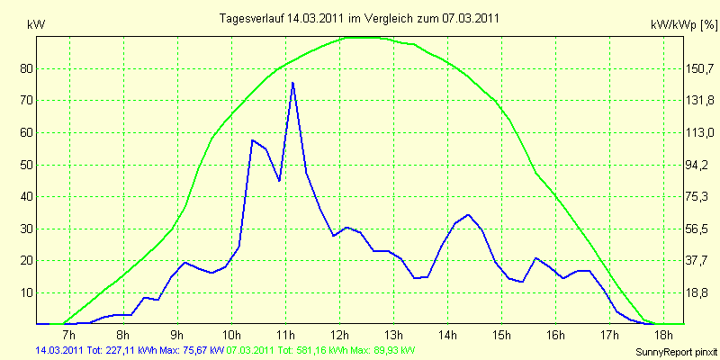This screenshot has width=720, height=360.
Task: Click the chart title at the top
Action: coord(359,18)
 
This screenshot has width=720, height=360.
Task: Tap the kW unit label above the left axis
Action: coord(36,25)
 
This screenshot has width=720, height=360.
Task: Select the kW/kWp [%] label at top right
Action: coord(684,25)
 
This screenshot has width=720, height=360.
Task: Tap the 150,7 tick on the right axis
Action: coord(699,69)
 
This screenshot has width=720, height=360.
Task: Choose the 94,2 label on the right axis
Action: coord(699,166)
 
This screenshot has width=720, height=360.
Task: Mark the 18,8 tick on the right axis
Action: coord(699,293)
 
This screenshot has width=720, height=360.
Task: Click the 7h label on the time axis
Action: coord(69,334)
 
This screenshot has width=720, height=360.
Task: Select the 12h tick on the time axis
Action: coord(339,334)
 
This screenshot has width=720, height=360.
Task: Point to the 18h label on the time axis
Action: coord(663,334)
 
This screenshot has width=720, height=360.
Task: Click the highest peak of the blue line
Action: coord(292,83)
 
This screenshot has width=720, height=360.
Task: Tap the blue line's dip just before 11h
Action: coord(279,181)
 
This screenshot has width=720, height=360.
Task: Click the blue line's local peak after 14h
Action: coord(468,214)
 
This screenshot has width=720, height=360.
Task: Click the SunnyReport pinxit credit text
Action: coord(676,352)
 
